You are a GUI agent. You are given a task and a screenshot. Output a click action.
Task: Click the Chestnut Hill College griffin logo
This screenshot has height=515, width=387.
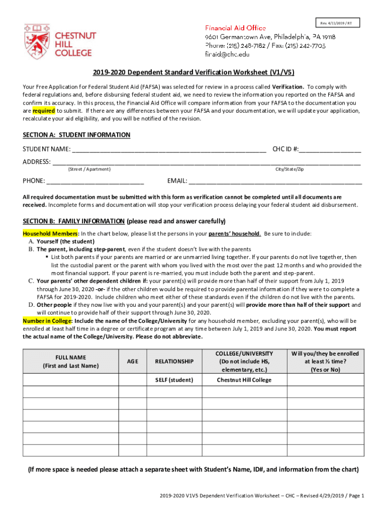click(x=37, y=41)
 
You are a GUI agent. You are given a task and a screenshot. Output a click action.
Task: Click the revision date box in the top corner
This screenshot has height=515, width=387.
click(x=337, y=24)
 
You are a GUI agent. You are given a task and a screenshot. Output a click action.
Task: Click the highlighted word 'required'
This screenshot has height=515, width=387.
click(x=43, y=111)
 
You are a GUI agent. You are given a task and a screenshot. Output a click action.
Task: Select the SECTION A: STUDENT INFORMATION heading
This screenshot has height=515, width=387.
click(x=76, y=135)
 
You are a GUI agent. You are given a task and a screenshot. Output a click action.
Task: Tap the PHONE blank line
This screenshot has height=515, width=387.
click(x=95, y=181)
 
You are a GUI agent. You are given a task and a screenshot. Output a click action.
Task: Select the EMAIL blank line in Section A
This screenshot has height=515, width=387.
click(x=275, y=181)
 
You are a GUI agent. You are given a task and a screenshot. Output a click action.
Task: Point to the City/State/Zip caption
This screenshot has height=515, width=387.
click(x=289, y=169)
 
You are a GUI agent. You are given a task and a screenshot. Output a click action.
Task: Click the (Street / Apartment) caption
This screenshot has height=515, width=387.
click(x=89, y=169)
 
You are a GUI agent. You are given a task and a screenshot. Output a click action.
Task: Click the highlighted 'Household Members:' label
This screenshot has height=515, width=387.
click(x=51, y=234)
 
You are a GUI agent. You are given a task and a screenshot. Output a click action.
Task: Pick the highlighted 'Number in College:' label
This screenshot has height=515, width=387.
click(x=48, y=321)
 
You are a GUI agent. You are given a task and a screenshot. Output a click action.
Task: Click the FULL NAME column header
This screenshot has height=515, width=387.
click(x=71, y=361)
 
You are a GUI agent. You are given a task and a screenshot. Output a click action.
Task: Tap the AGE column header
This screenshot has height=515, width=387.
click(x=133, y=361)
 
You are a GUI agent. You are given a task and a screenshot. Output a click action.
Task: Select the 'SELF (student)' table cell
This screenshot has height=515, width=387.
click(x=174, y=380)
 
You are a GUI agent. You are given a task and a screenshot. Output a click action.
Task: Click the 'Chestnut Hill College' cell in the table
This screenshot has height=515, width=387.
click(x=244, y=380)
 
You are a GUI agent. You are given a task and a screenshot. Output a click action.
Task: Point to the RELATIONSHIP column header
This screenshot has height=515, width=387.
click(x=174, y=361)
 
